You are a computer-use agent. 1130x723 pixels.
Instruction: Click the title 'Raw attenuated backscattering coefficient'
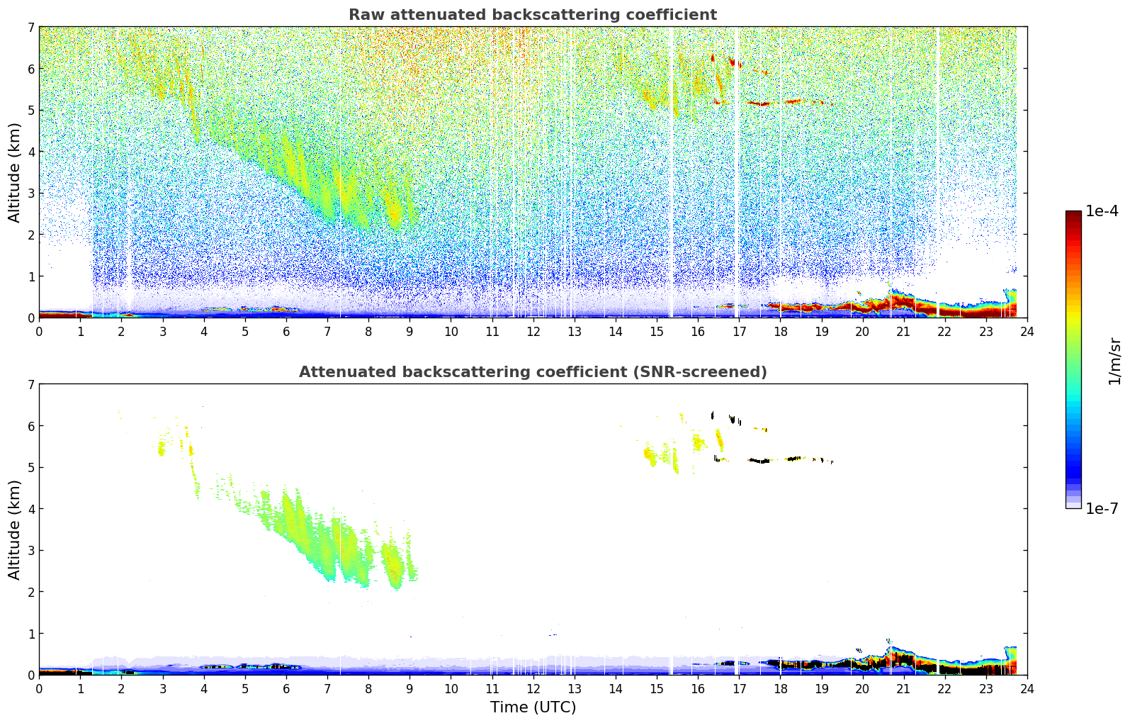pyautogui.click(x=532, y=15)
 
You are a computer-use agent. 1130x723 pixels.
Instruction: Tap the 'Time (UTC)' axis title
pyautogui.click(x=533, y=707)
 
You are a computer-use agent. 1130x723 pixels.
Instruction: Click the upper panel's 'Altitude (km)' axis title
pyautogui.click(x=15, y=172)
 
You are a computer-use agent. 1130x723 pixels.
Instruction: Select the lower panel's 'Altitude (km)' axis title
pyautogui.click(x=15, y=529)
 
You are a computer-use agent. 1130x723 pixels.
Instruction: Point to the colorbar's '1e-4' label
pyautogui.click(x=1102, y=211)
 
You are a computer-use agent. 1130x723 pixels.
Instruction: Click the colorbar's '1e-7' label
pyautogui.click(x=1102, y=508)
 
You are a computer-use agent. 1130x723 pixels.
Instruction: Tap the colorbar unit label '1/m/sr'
pyautogui.click(x=1114, y=361)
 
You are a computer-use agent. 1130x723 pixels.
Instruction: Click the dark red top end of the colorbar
pyautogui.click(x=1073, y=214)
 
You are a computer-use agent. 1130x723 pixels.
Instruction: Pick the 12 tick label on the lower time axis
pyautogui.click(x=533, y=689)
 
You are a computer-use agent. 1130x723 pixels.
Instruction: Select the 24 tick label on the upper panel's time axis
pyautogui.click(x=1027, y=332)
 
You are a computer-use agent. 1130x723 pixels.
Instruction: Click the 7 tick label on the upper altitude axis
pyautogui.click(x=30, y=28)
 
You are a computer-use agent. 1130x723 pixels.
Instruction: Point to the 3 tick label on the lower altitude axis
pyautogui.click(x=30, y=550)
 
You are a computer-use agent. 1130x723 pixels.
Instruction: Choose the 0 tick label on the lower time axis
pyautogui.click(x=39, y=689)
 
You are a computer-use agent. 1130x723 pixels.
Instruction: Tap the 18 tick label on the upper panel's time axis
pyautogui.click(x=780, y=332)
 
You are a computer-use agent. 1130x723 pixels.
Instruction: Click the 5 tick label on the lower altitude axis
pyautogui.click(x=30, y=467)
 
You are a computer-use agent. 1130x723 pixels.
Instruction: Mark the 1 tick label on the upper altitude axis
pyautogui.click(x=30, y=276)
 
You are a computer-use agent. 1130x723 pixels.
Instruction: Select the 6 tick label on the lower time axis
pyautogui.click(x=286, y=689)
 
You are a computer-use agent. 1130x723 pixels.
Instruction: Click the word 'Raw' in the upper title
pyautogui.click(x=363, y=15)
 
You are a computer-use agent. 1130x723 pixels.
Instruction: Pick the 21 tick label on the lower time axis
pyautogui.click(x=903, y=689)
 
